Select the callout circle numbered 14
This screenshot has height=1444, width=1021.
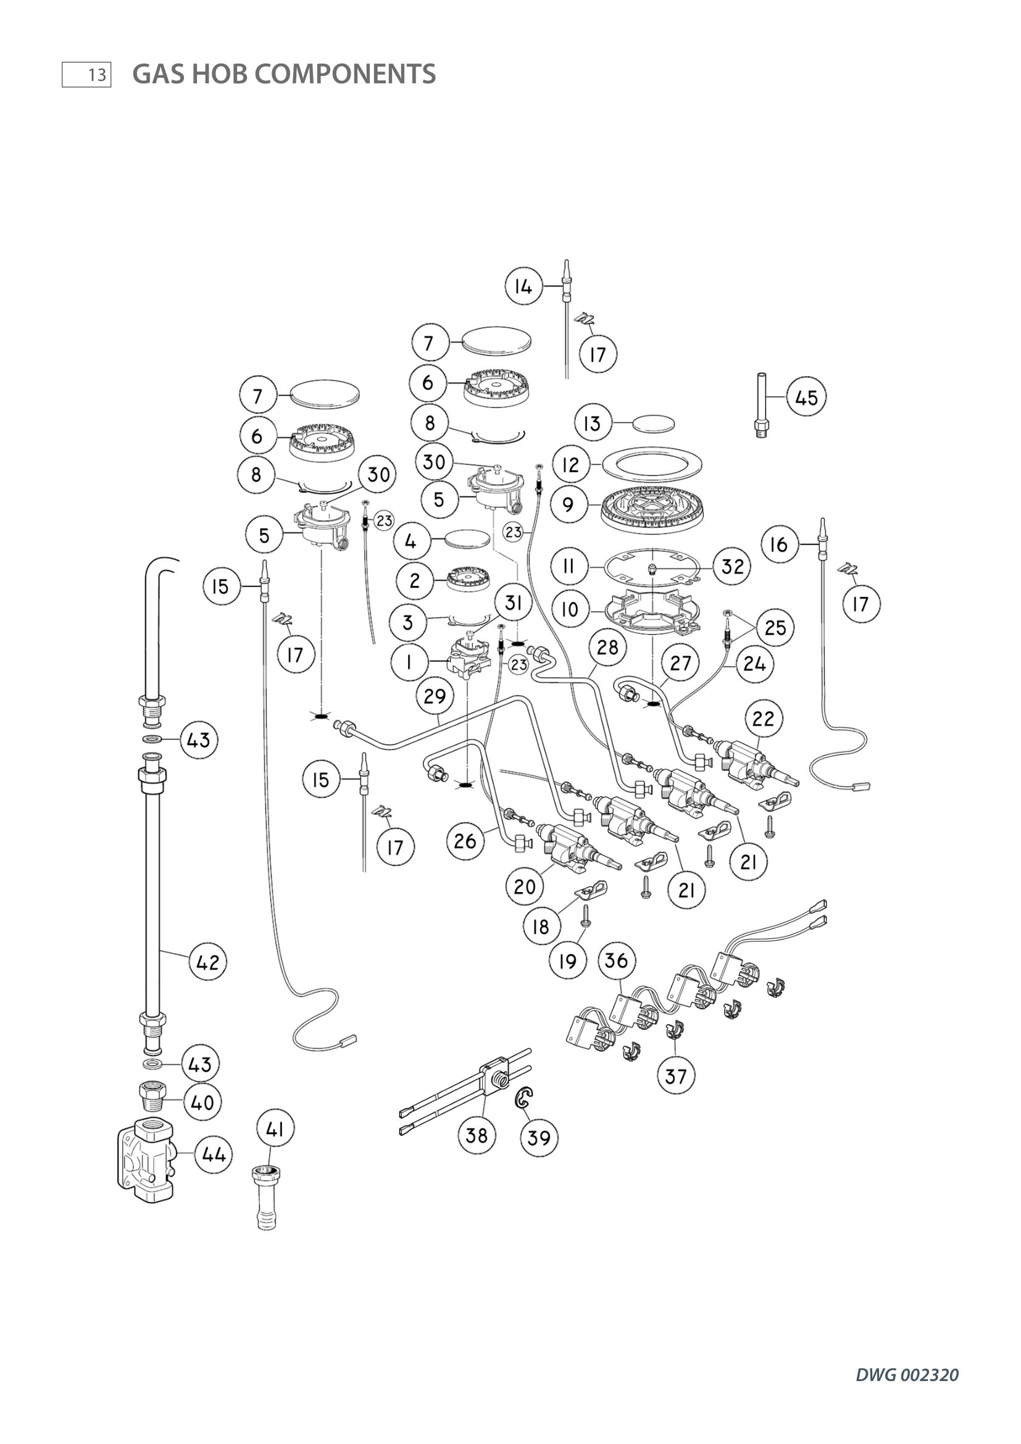tap(523, 286)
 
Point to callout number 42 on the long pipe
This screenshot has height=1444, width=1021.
tap(208, 962)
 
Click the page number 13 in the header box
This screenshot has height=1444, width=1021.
tap(96, 75)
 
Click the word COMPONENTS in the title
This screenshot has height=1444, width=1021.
tap(345, 74)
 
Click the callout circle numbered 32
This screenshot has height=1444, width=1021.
tap(733, 566)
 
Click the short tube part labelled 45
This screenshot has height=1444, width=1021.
tap(762, 406)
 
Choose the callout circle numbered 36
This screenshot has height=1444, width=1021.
tap(616, 960)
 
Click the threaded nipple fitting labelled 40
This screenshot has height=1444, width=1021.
tap(151, 1098)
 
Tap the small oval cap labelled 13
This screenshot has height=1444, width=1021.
tap(654, 422)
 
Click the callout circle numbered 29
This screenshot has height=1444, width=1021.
tap(435, 696)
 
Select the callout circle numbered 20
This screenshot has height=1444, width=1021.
tap(524, 887)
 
